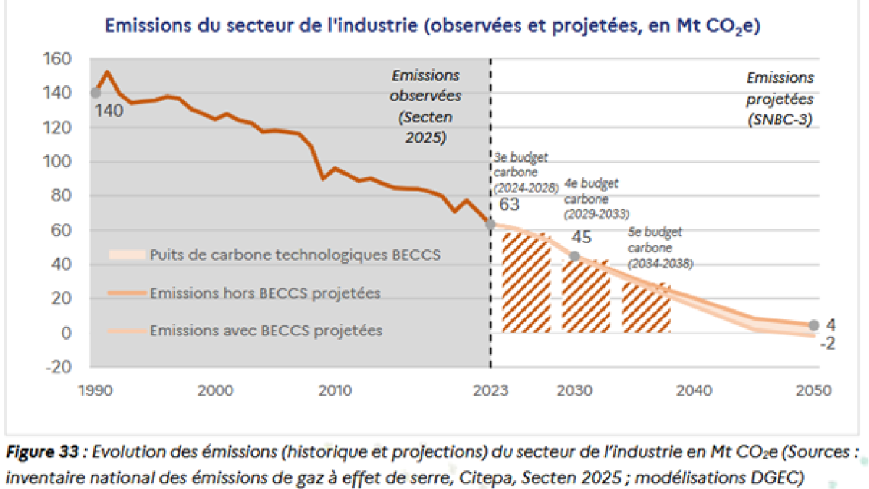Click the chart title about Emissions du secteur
[x=432, y=25]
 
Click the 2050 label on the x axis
[x=812, y=390]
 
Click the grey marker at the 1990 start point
[x=95, y=93]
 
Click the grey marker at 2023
[x=490, y=225]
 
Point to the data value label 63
[x=510, y=205]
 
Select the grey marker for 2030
[x=574, y=256]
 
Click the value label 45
[x=581, y=238]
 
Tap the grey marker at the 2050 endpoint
[x=813, y=325]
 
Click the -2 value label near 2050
[x=826, y=343]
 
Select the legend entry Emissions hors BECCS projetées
[x=265, y=293]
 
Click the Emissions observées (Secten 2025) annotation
[x=426, y=106]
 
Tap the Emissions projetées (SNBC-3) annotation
[x=780, y=100]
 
